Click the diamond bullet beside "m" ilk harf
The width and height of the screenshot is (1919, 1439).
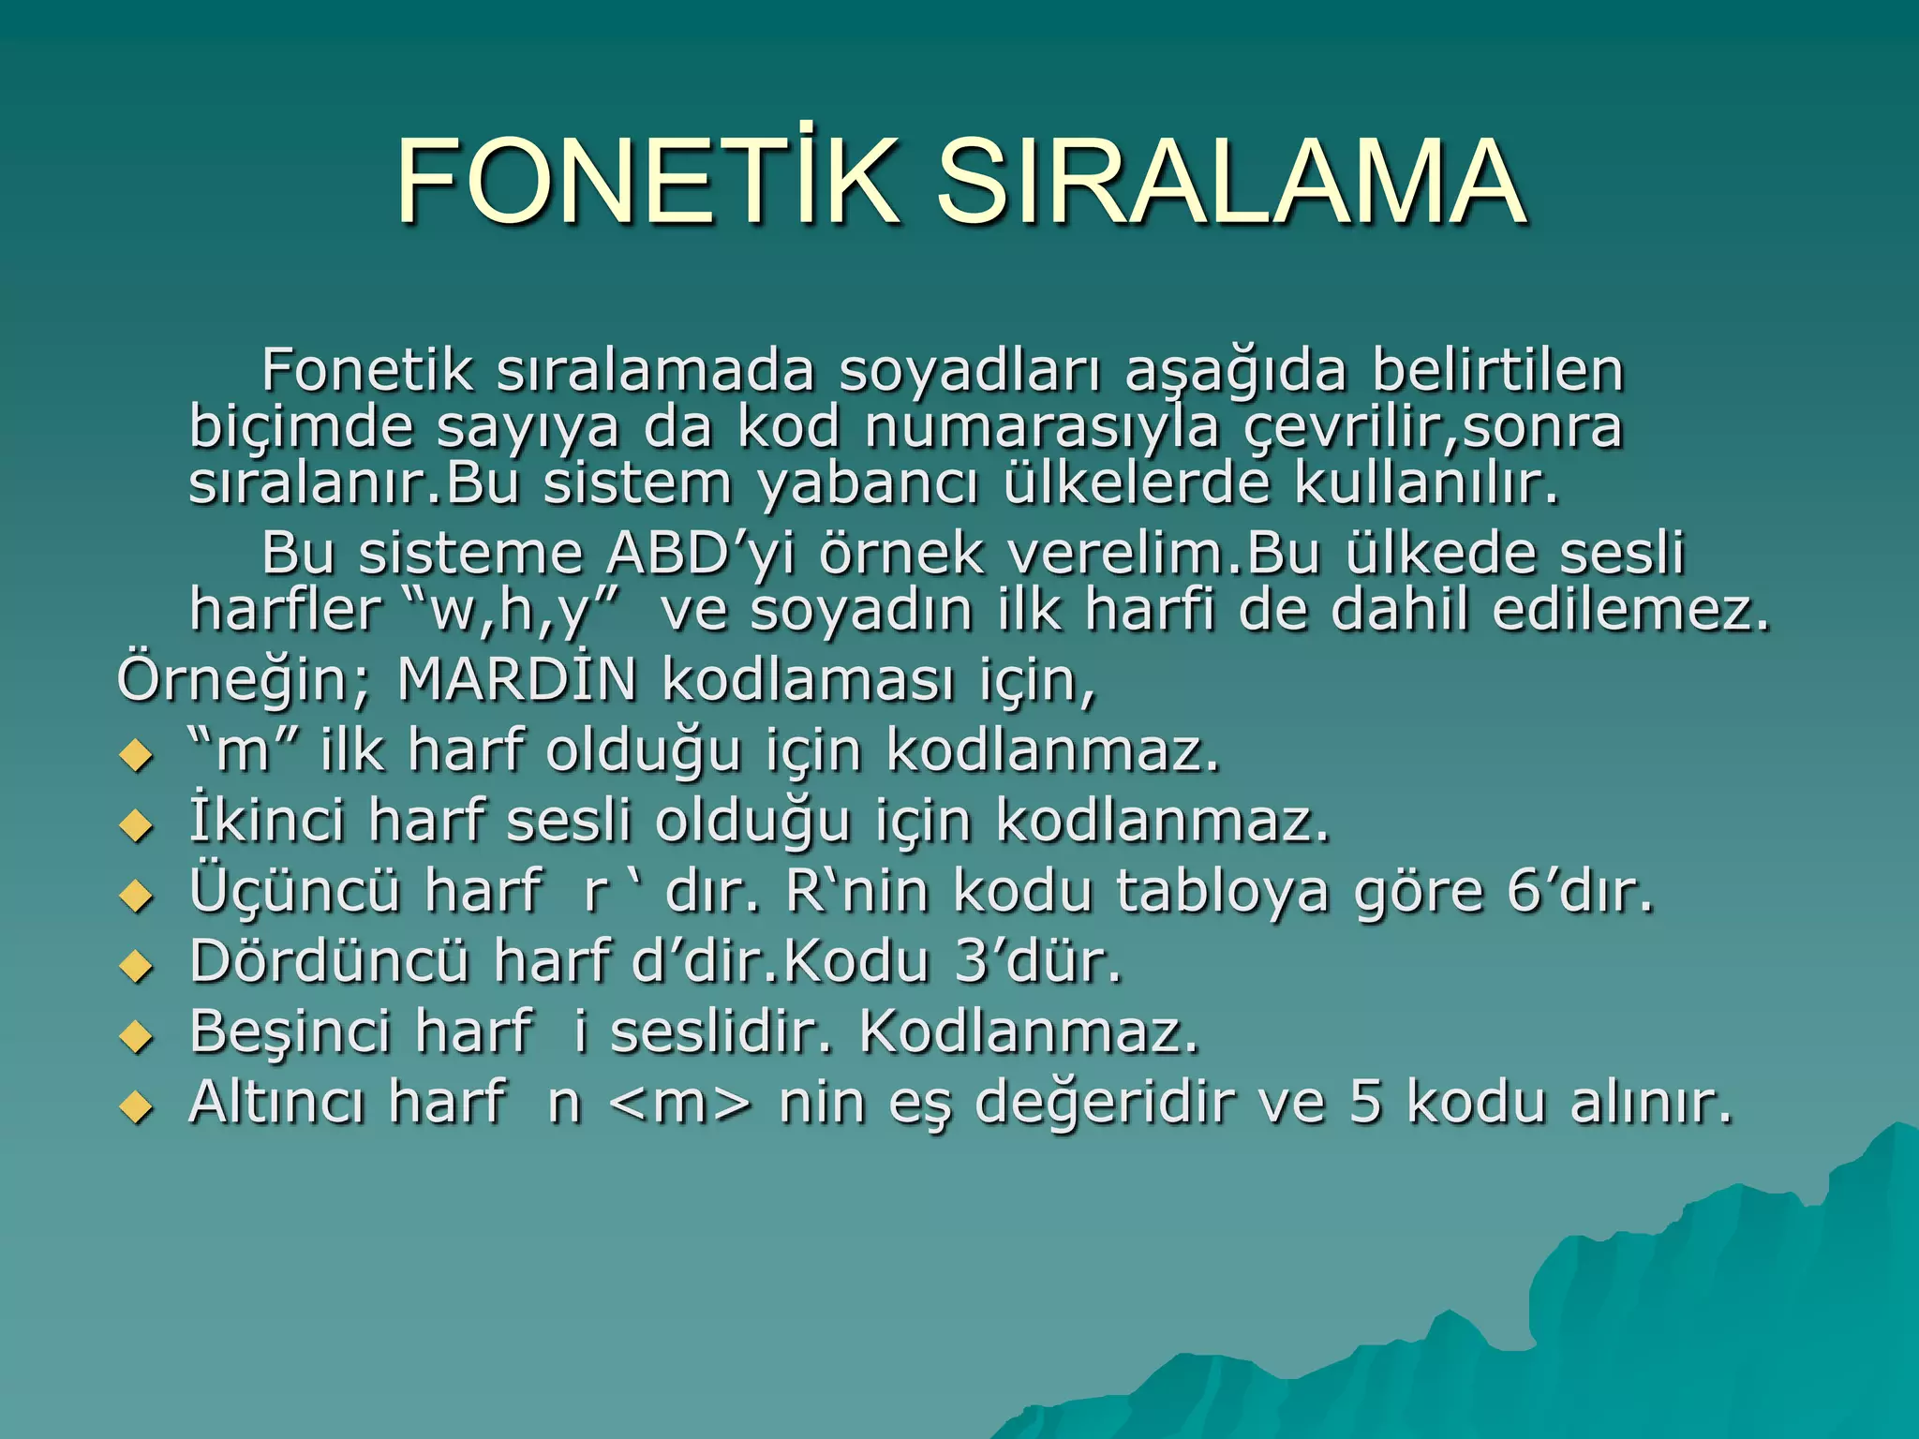click(x=137, y=755)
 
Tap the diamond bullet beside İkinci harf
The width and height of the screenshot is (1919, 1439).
click(x=137, y=825)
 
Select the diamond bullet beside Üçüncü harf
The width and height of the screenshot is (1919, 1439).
click(x=137, y=896)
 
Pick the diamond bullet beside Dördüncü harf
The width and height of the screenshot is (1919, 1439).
click(x=137, y=966)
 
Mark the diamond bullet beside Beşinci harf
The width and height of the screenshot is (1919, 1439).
click(x=137, y=1036)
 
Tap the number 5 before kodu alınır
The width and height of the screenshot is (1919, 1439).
click(x=1365, y=1102)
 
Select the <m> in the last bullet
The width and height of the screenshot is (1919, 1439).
click(x=679, y=1103)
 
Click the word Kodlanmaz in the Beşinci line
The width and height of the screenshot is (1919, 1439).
click(x=1029, y=1031)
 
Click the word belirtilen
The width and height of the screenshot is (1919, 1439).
click(x=1497, y=369)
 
